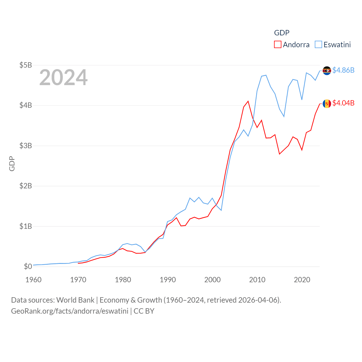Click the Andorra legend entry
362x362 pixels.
pyautogui.click(x=292, y=45)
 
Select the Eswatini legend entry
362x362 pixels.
pyautogui.click(x=333, y=45)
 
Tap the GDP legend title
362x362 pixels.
pyautogui.click(x=282, y=33)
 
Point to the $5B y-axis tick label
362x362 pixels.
pyautogui.click(x=25, y=65)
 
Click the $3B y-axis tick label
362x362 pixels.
pyautogui.click(x=25, y=146)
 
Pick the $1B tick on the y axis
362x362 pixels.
pyautogui.click(x=25, y=226)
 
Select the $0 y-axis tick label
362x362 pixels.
pyautogui.click(x=28, y=266)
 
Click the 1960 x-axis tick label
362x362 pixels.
pyautogui.click(x=33, y=280)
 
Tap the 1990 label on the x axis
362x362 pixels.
pyautogui.click(x=168, y=280)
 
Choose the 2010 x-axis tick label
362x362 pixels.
pyautogui.click(x=257, y=280)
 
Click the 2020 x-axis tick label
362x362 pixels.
pyautogui.click(x=302, y=280)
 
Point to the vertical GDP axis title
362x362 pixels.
pyautogui.click(x=12, y=163)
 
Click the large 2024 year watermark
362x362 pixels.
pyautogui.click(x=63, y=77)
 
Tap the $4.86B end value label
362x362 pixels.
pyautogui.click(x=343, y=70)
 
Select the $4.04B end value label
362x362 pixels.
pyautogui.click(x=343, y=103)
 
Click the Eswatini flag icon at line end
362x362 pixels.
pyautogui.click(x=327, y=71)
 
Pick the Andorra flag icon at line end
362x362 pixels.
pyautogui.click(x=327, y=104)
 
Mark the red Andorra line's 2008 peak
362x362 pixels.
pyautogui.click(x=248, y=101)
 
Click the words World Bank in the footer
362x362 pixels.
pyautogui.click(x=75, y=300)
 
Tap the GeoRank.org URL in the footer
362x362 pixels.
pyautogui.click(x=70, y=311)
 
